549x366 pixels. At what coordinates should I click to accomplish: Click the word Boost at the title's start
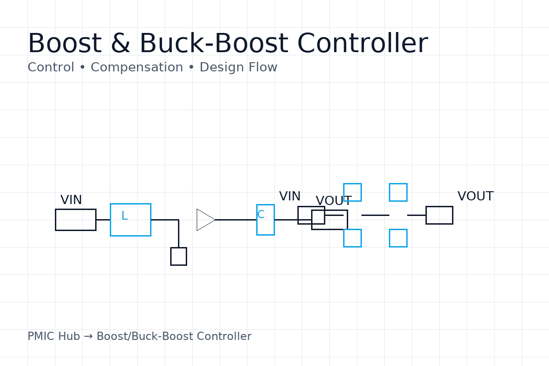(x=64, y=44)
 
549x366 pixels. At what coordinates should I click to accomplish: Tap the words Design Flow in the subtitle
(x=238, y=68)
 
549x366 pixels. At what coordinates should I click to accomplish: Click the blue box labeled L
(x=130, y=220)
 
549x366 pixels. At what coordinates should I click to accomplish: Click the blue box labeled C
(x=265, y=220)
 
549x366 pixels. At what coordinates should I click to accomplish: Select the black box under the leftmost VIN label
(x=75, y=220)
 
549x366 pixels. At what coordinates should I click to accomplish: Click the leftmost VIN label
(x=71, y=200)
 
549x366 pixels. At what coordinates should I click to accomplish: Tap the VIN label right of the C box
(x=290, y=197)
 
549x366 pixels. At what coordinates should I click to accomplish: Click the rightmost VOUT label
(x=475, y=197)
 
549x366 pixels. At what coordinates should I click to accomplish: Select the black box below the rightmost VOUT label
(x=439, y=215)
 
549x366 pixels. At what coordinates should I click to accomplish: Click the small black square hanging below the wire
(x=178, y=256)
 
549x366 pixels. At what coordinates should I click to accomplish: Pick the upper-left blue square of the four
(x=352, y=192)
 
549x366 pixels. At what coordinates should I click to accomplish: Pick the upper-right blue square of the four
(x=398, y=192)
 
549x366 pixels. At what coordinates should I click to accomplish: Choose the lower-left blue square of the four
(x=352, y=238)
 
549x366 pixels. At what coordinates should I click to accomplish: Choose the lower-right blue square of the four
(x=398, y=238)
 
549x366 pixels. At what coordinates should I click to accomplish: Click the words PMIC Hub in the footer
(x=54, y=337)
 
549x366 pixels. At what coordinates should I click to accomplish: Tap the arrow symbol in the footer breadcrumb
(x=88, y=337)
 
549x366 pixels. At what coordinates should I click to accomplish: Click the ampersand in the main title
(x=120, y=44)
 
